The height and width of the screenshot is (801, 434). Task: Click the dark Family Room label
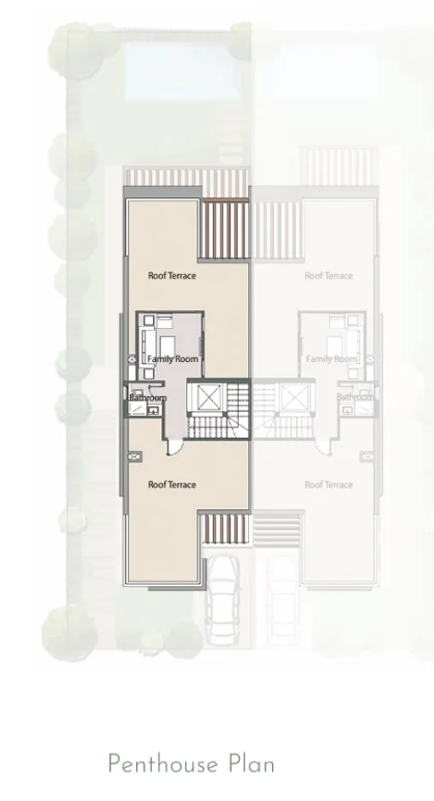click(173, 359)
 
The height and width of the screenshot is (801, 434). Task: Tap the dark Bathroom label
click(148, 398)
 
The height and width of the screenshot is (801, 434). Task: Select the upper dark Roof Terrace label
click(172, 276)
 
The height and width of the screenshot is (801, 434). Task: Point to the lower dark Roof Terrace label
click(172, 485)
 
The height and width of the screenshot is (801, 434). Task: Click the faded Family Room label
click(331, 359)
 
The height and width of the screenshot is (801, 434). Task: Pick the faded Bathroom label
click(355, 397)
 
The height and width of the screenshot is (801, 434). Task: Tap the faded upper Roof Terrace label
click(328, 276)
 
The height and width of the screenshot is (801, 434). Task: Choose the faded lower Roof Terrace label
click(328, 485)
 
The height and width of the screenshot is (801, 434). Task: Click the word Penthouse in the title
click(160, 764)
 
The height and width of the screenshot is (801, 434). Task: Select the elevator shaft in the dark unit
click(208, 395)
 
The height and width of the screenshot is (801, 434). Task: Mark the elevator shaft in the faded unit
click(293, 395)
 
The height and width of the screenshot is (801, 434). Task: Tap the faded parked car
click(283, 595)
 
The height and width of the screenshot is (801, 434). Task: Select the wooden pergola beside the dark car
click(222, 528)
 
